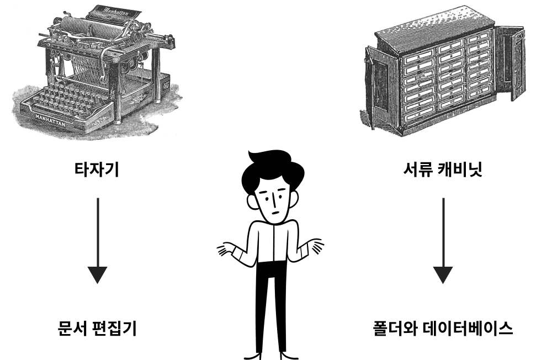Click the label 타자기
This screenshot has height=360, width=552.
[97, 170]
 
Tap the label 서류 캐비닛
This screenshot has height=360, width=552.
[443, 170]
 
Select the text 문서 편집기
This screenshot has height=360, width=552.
[97, 328]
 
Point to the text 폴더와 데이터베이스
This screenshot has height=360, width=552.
[443, 328]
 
